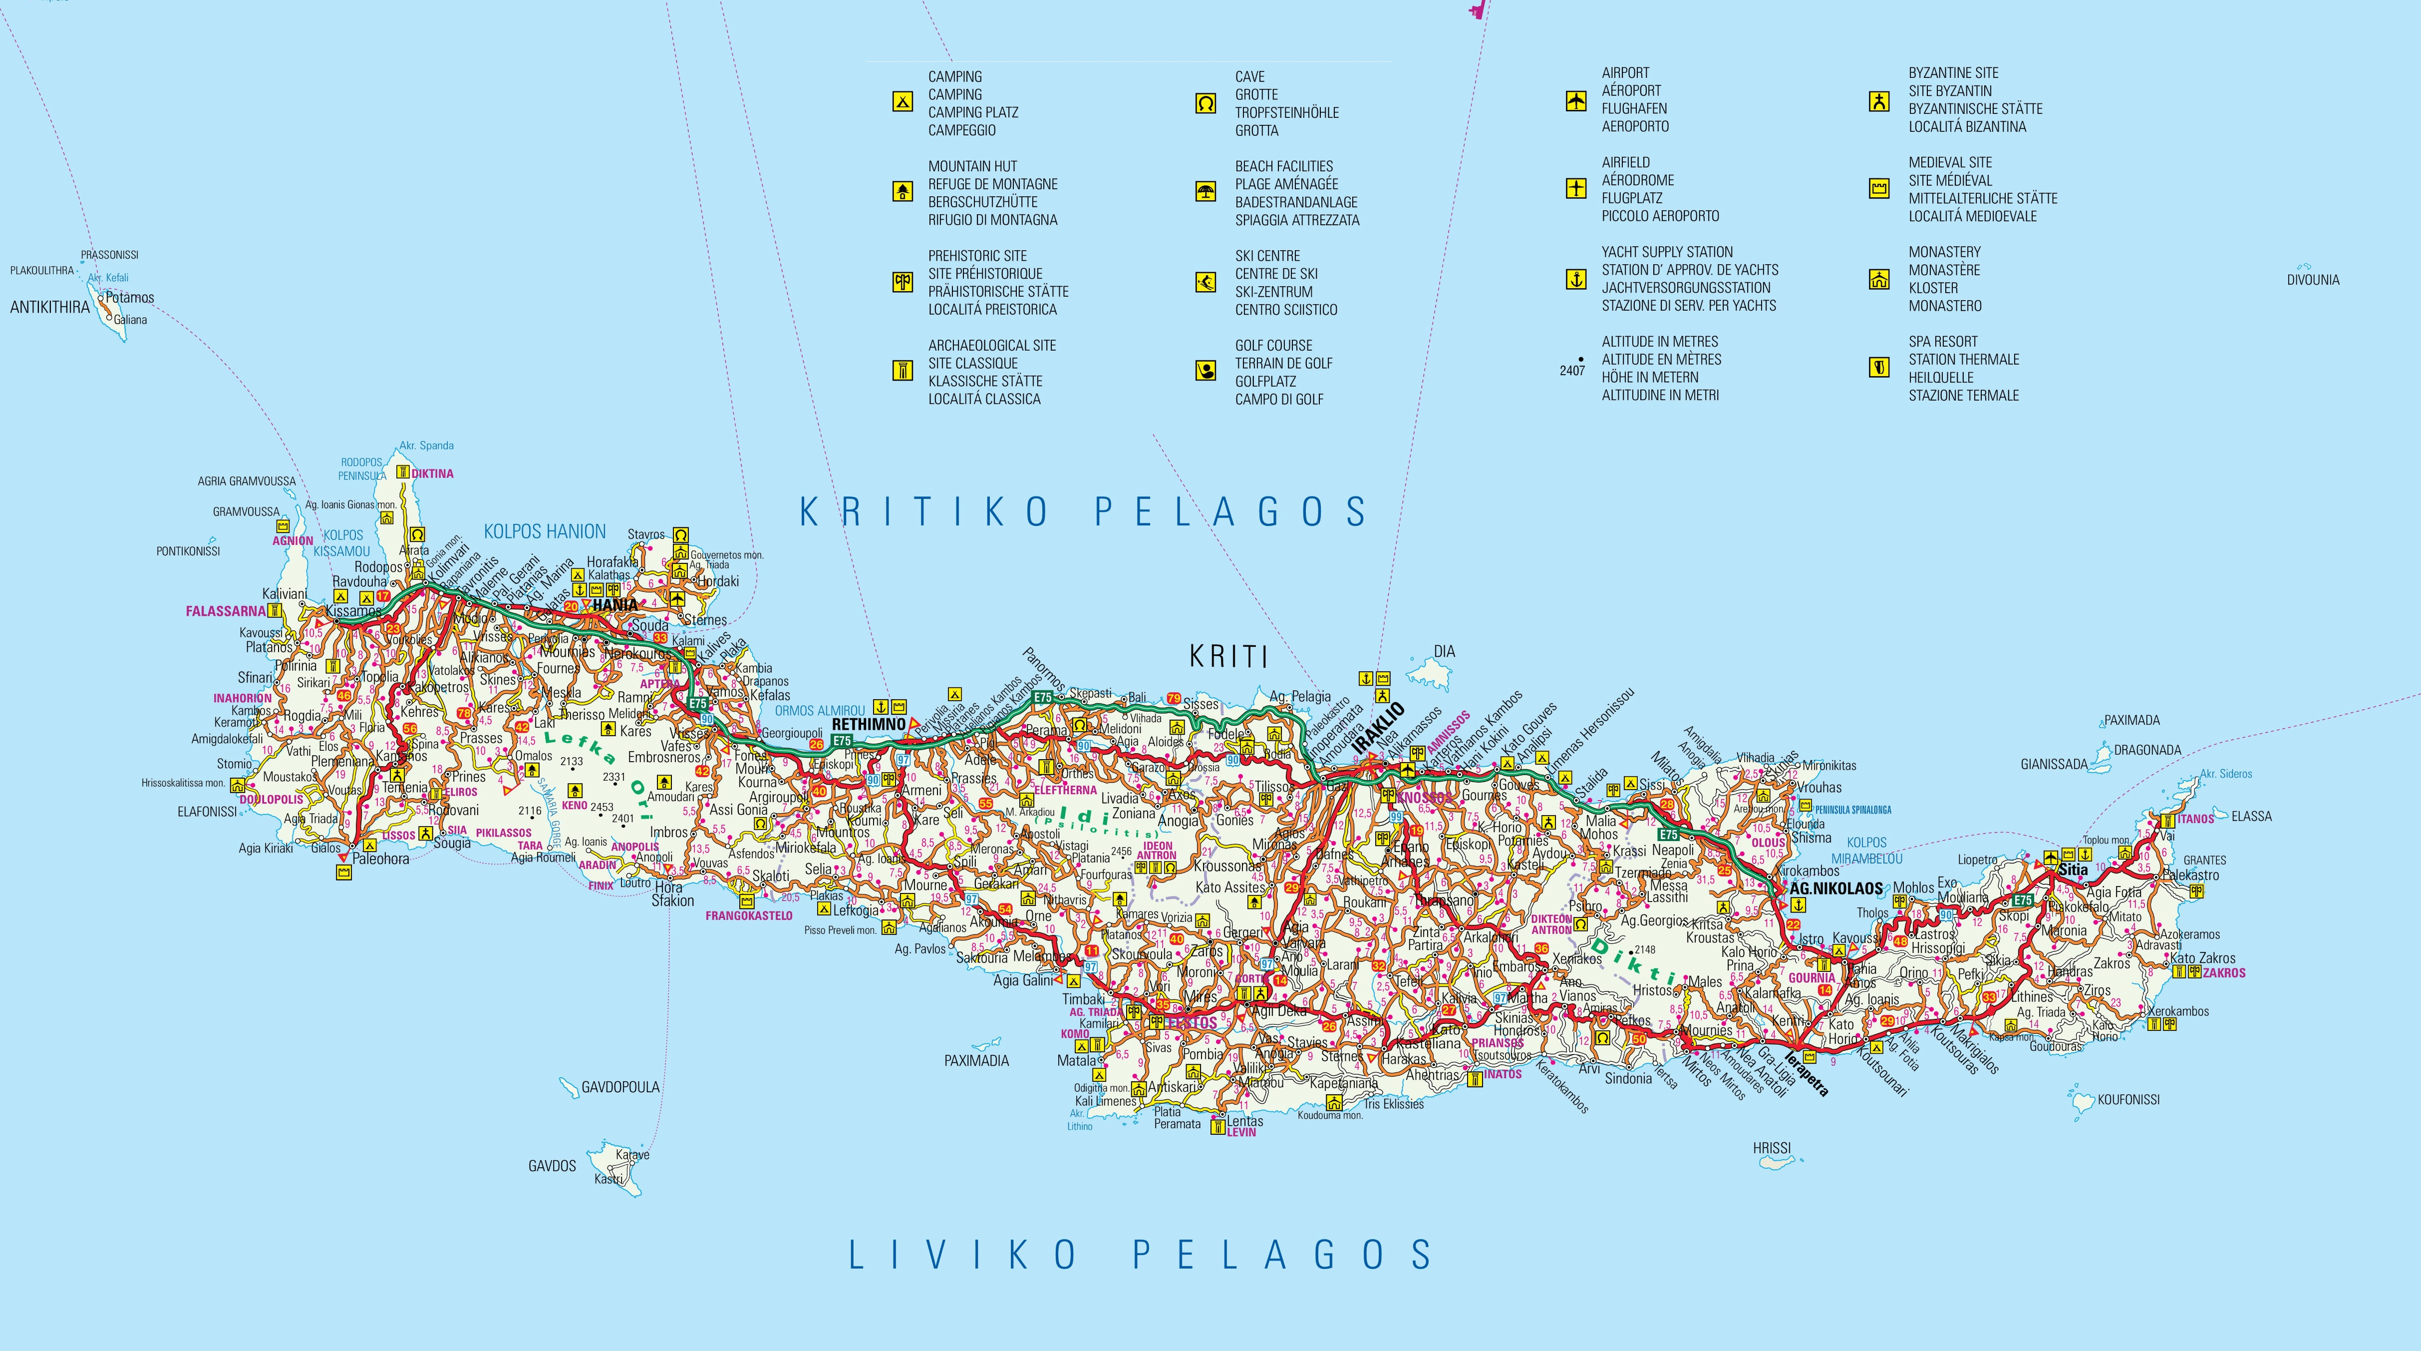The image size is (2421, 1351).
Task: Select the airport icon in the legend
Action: pyautogui.click(x=1576, y=100)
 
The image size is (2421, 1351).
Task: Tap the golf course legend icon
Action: pyautogui.click(x=1206, y=372)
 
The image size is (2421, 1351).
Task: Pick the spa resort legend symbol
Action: pyautogui.click(x=1879, y=368)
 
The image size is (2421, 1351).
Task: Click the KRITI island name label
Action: pyautogui.click(x=1228, y=656)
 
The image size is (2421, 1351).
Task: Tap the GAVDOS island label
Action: pyautogui.click(x=552, y=1166)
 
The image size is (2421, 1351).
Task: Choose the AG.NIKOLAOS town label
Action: pyautogui.click(x=1835, y=889)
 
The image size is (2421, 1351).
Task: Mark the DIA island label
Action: pyautogui.click(x=1444, y=651)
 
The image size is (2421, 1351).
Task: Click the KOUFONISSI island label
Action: pyautogui.click(x=2128, y=1099)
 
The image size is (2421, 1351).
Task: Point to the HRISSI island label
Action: pyautogui.click(x=1772, y=1148)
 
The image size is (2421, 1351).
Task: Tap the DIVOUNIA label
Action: pyautogui.click(x=2313, y=280)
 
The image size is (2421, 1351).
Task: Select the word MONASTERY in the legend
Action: pyautogui.click(x=1944, y=252)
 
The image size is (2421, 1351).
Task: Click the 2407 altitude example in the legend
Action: pyautogui.click(x=1572, y=371)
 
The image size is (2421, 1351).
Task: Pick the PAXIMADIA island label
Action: pyautogui.click(x=976, y=1060)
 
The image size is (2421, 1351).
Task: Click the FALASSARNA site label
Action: pyautogui.click(x=226, y=611)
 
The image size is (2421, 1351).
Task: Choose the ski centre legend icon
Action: pyautogui.click(x=1206, y=282)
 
